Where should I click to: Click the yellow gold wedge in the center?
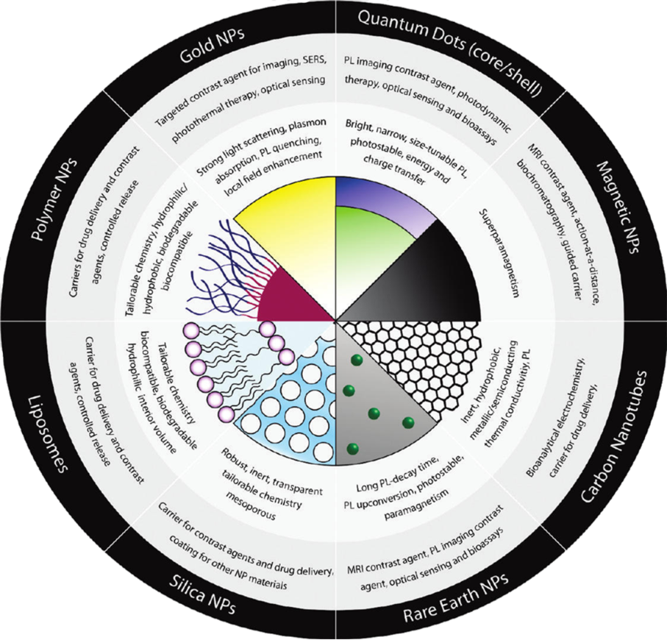pyautogui.click(x=293, y=238)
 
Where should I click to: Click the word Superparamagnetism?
pyautogui.click(x=499, y=253)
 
